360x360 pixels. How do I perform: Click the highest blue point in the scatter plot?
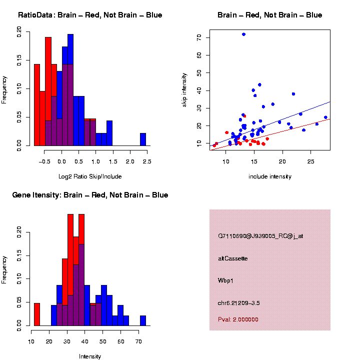243,34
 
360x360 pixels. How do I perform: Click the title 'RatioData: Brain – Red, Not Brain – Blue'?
90,15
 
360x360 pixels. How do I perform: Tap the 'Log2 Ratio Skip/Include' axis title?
89,176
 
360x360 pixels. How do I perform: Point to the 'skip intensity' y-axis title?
184,90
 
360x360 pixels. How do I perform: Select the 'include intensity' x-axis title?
269,176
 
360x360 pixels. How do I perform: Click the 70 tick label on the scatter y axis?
199,37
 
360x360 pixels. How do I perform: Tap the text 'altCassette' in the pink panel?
232,258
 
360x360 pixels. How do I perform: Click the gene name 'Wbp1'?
225,280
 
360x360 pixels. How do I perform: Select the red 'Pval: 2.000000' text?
238,319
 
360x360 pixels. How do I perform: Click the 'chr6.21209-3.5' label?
238,303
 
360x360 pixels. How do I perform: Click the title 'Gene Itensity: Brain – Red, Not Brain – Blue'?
90,195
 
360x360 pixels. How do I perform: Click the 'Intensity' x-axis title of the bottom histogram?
89,356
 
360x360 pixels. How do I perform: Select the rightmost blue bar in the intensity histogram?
143,321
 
